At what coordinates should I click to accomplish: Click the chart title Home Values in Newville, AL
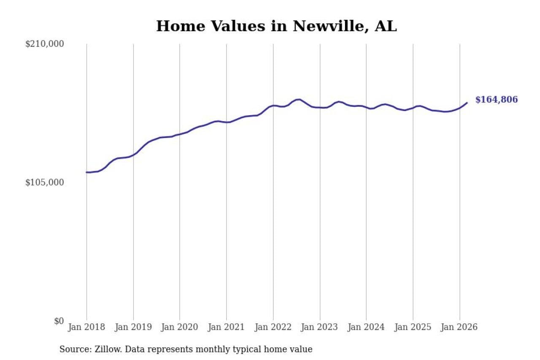click(276, 26)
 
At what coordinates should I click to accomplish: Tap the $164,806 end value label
click(496, 100)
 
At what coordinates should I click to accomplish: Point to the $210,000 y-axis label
click(44, 44)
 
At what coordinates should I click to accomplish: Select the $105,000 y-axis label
click(44, 182)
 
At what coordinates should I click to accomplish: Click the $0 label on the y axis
click(59, 321)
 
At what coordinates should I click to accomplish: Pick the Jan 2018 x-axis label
click(86, 328)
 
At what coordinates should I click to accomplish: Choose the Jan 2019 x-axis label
click(133, 328)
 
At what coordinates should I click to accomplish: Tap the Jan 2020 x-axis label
click(180, 328)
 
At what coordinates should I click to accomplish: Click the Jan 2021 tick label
click(227, 328)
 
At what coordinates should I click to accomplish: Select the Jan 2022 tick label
click(273, 328)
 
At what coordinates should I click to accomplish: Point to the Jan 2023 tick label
click(320, 328)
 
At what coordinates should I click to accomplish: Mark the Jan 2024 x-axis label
click(366, 328)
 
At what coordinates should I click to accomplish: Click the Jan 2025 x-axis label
click(413, 328)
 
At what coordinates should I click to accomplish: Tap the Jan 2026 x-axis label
click(459, 328)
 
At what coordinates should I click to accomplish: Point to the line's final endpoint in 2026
click(467, 103)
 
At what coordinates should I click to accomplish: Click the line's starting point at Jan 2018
click(86, 172)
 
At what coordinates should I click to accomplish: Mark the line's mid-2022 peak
click(298, 99)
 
